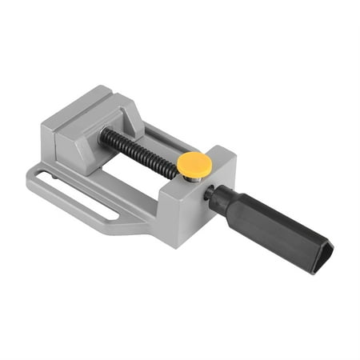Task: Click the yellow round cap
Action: tap(194, 164)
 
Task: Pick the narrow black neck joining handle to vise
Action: tap(212, 194)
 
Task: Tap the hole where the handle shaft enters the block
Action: tap(208, 192)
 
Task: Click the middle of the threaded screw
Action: tap(140, 152)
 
